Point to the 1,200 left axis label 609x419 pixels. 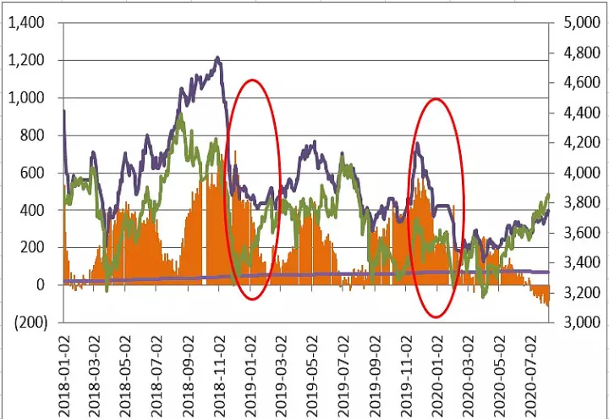(28, 60)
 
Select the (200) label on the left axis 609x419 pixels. (29, 323)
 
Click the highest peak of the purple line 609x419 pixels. (217, 58)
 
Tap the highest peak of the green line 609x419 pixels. (179, 115)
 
